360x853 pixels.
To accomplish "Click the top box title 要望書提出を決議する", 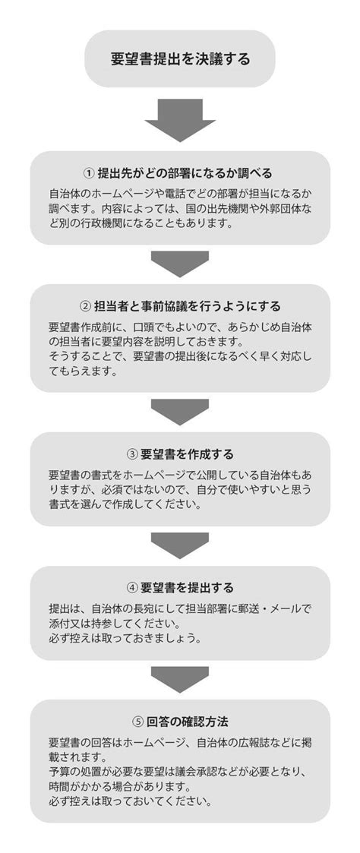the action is [x=181, y=58].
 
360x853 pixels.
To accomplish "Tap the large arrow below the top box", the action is [x=180, y=120].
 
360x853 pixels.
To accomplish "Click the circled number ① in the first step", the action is [x=89, y=173].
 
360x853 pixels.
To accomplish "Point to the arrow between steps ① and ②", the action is [x=180, y=264].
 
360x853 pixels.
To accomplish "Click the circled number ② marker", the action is [x=85, y=306].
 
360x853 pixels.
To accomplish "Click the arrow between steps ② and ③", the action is [x=180, y=412].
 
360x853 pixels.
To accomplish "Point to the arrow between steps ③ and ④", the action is [x=180, y=545].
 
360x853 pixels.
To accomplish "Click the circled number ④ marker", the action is [x=131, y=588].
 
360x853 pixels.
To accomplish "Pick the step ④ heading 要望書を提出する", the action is [x=187, y=588].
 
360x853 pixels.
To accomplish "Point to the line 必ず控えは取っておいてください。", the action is [x=131, y=801].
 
